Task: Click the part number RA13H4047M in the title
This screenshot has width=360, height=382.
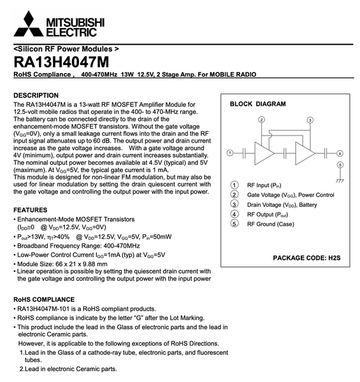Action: point(61,62)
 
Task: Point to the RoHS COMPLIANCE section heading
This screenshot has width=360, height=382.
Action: point(53,299)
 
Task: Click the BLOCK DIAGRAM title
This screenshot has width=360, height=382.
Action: point(257,104)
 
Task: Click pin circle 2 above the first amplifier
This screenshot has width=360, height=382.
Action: point(261,120)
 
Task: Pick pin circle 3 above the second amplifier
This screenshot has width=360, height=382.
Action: point(310,120)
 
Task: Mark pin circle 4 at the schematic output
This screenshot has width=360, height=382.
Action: point(340,153)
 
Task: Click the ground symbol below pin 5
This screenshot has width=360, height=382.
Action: point(340,180)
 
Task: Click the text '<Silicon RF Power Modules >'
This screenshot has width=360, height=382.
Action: point(66,48)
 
